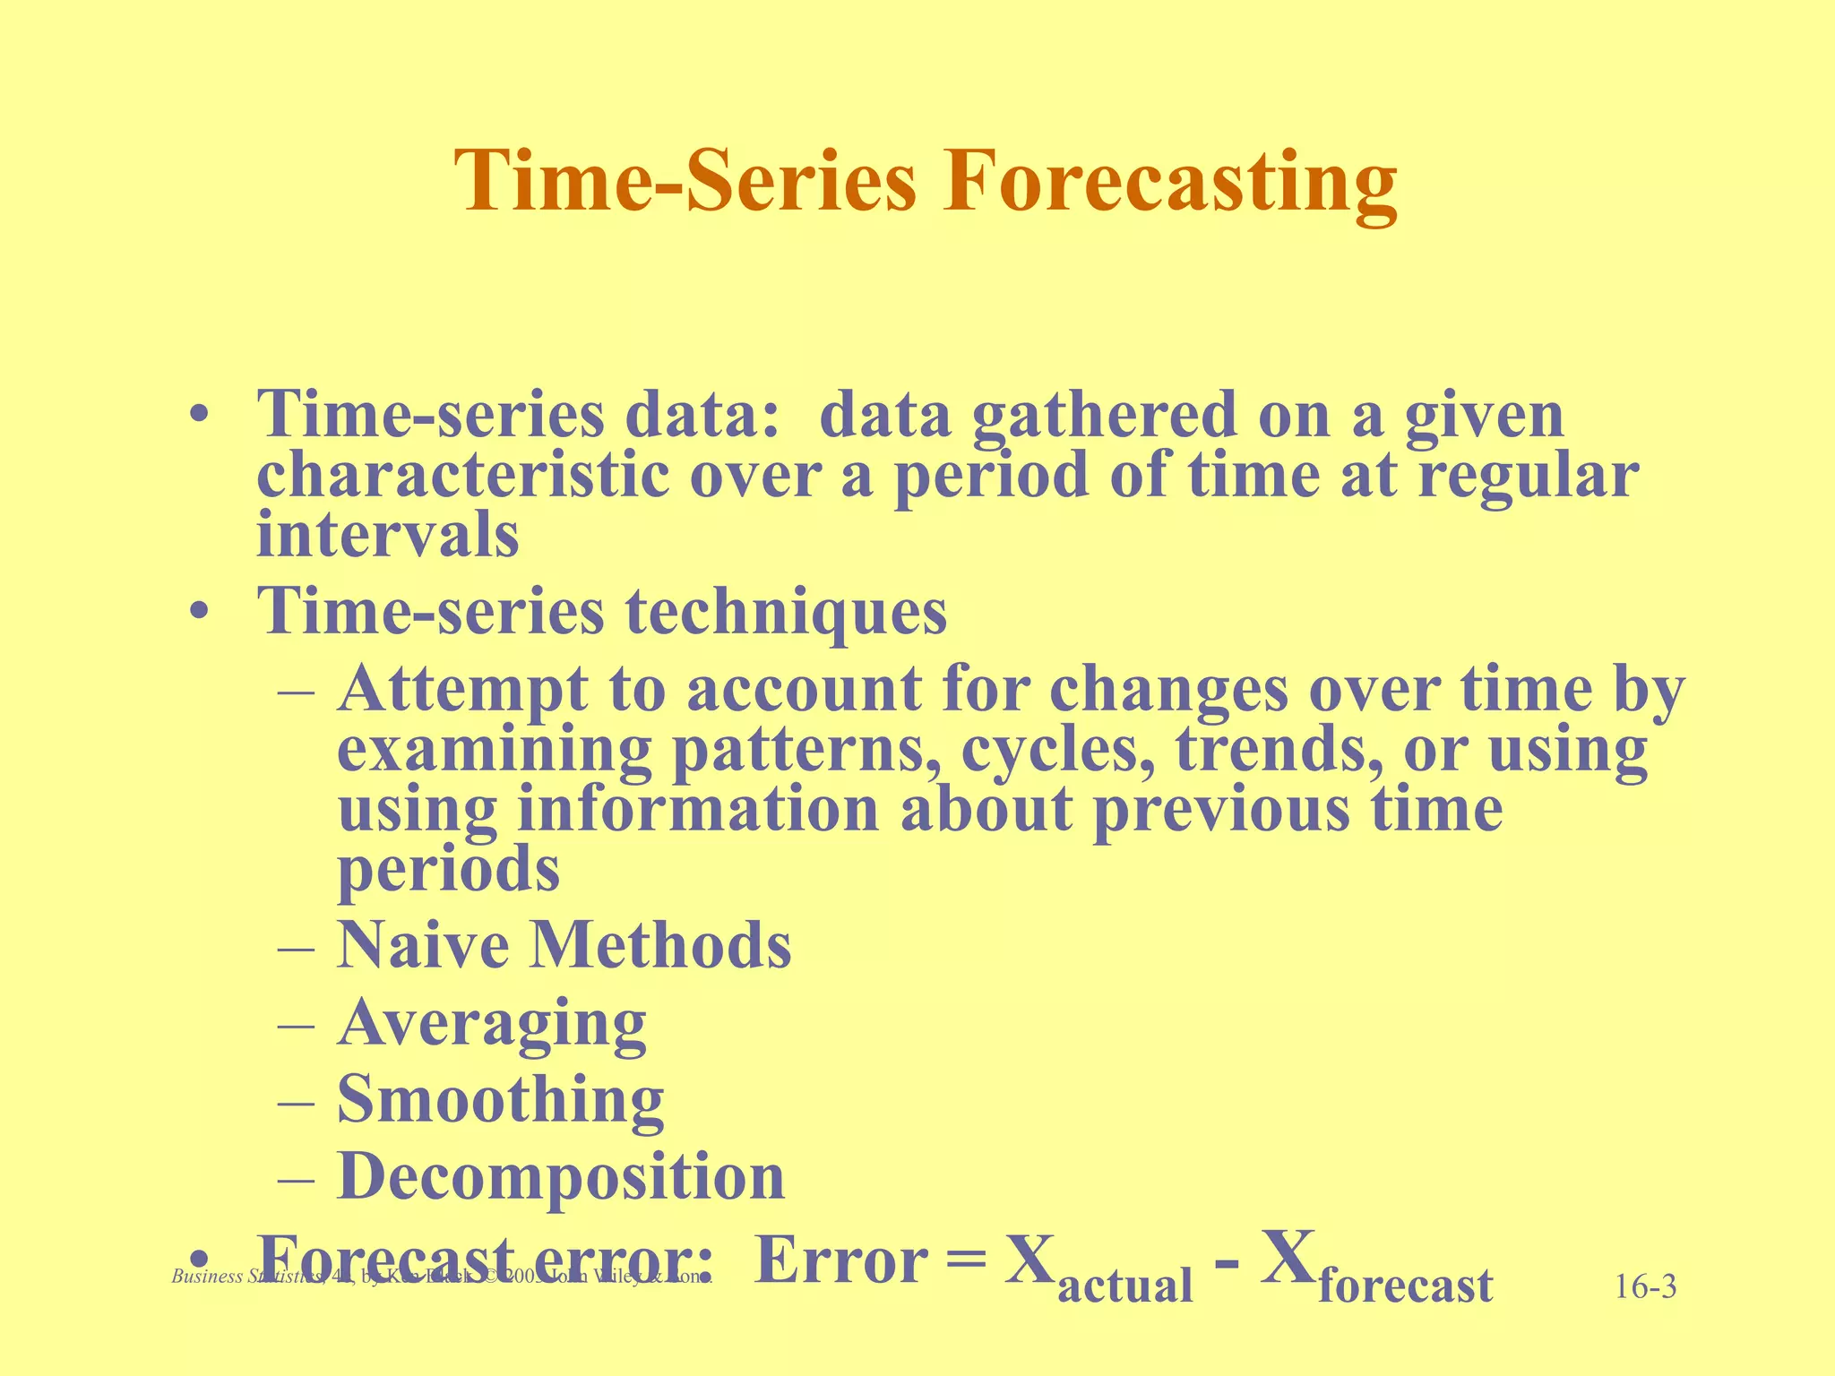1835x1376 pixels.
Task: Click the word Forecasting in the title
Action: [x=1168, y=182]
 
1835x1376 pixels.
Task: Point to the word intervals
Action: [x=387, y=535]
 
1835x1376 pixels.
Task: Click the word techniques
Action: [x=786, y=613]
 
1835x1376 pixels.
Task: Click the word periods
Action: [x=448, y=869]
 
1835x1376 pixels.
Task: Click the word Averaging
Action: [x=492, y=1023]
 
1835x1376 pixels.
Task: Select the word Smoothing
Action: [x=500, y=1099]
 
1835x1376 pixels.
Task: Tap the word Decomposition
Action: [x=561, y=1176]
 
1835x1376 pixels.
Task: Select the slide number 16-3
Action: [x=1645, y=1288]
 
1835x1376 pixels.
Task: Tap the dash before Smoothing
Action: [x=296, y=1101]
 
